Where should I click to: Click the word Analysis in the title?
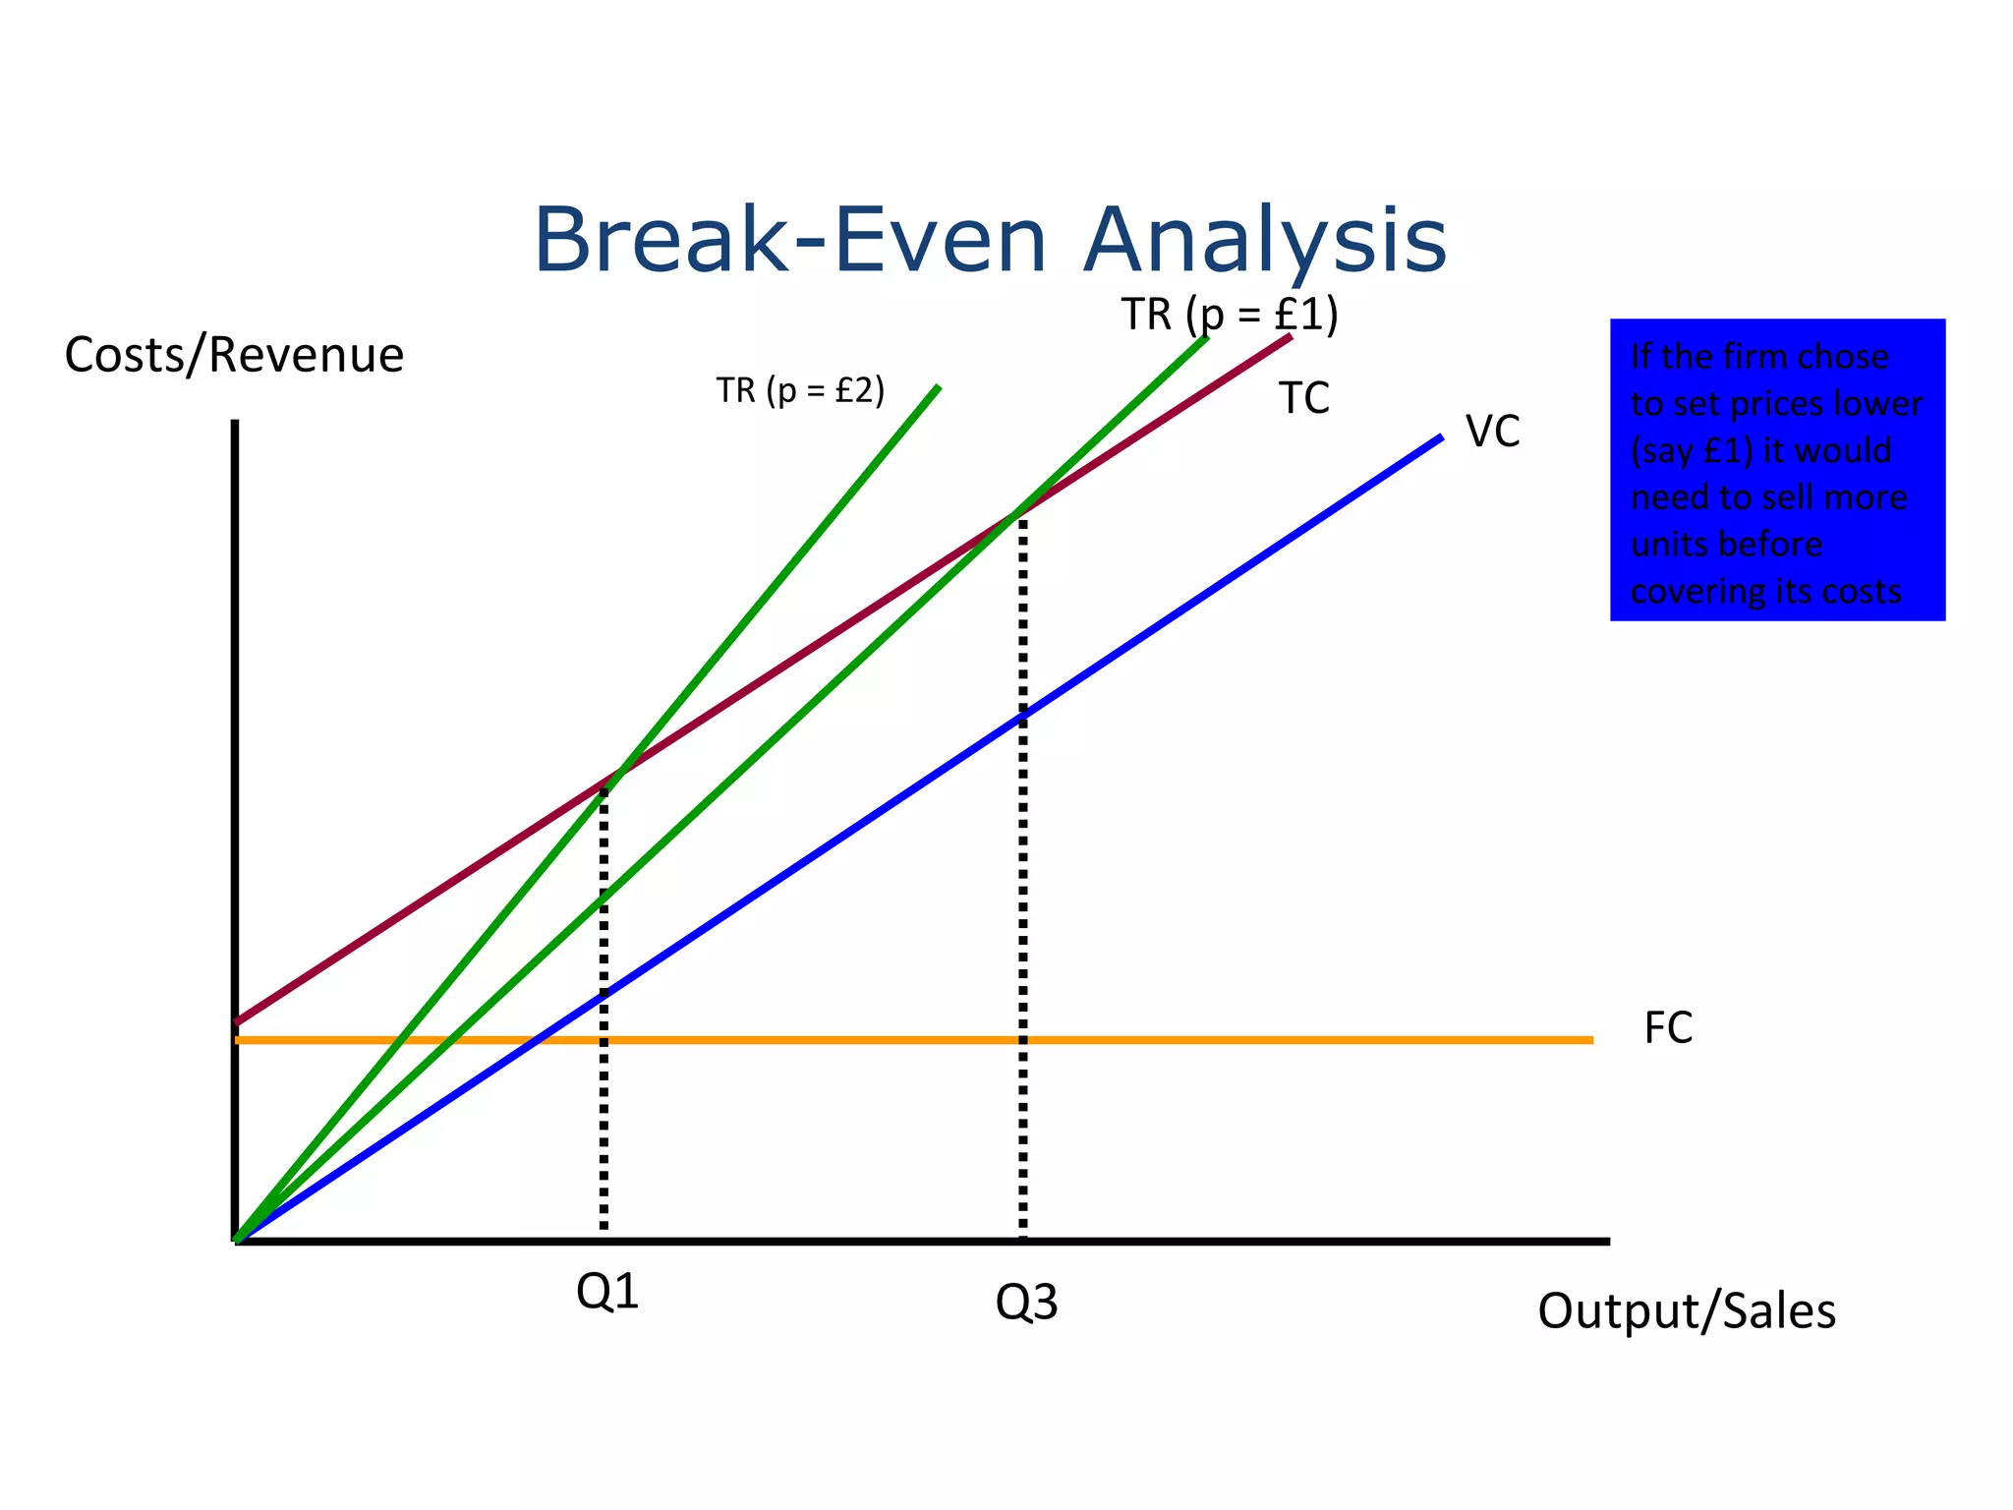1264,241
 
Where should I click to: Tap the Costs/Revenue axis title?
234,355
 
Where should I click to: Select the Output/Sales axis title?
1686,1310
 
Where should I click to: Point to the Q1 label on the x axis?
607,1292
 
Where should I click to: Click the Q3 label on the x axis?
1026,1304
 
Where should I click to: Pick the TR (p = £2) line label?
800,390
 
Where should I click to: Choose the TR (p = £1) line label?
1229,316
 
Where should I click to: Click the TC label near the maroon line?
1303,399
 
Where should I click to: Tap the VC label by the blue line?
1492,432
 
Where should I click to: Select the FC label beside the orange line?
1668,1028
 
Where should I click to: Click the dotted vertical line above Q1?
604,1081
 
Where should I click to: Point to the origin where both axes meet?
236,1240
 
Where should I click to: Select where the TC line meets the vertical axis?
237,1022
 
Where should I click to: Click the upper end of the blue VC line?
1439,437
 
